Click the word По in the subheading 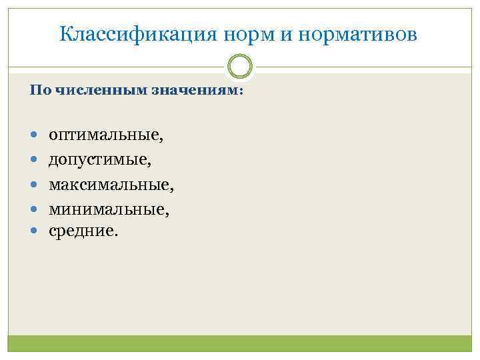pyautogui.click(x=37, y=91)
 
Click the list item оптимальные pyautogui.click(x=105, y=136)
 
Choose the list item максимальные pyautogui.click(x=109, y=183)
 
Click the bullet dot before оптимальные pyautogui.click(x=34, y=135)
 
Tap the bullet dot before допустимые pyautogui.click(x=34, y=159)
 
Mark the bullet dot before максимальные pyautogui.click(x=34, y=183)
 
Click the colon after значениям pyautogui.click(x=241, y=92)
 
